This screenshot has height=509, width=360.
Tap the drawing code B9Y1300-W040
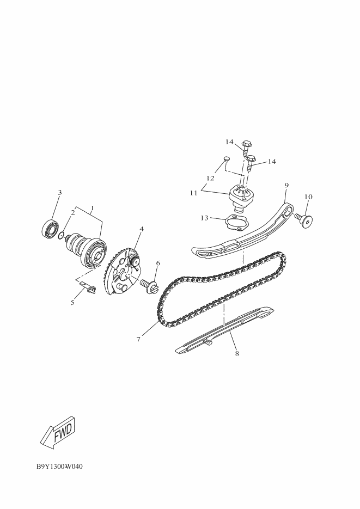(x=60, y=467)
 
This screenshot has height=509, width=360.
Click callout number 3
(x=60, y=192)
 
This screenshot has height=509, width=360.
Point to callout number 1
(x=93, y=207)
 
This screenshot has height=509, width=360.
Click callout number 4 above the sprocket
(x=141, y=229)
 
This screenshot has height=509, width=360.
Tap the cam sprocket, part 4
(x=123, y=269)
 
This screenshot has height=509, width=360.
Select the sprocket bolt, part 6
(x=150, y=284)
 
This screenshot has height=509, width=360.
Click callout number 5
(x=72, y=302)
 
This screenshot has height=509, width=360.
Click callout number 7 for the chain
(x=139, y=339)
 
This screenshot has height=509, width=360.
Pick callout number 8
(x=237, y=353)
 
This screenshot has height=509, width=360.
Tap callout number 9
(x=286, y=185)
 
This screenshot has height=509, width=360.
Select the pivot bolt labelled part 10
(x=306, y=220)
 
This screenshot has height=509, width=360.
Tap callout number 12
(x=210, y=177)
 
